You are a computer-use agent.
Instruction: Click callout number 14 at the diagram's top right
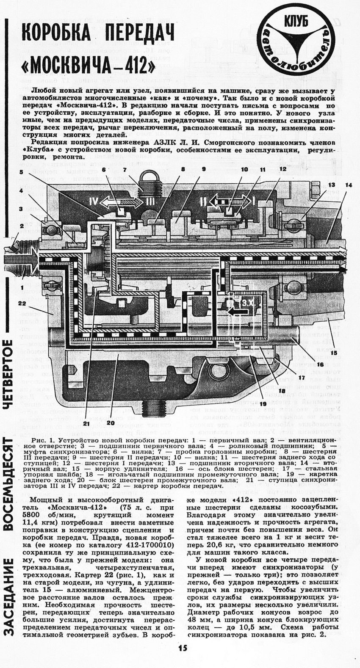click(349, 185)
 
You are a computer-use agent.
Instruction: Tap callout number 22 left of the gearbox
click(22, 303)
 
